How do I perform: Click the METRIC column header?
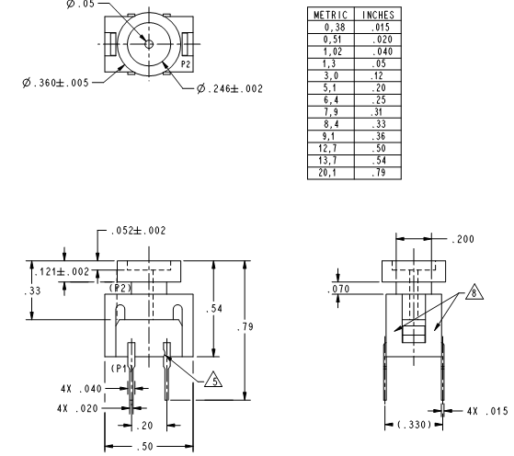330,15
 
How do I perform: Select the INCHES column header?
378,15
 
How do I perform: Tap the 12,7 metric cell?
327,149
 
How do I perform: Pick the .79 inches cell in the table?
379,173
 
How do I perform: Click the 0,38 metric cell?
335,28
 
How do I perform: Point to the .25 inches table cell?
379,100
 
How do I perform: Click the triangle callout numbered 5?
213,380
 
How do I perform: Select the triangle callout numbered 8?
474,292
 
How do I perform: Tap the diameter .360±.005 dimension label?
56,83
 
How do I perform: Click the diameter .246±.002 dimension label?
230,88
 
